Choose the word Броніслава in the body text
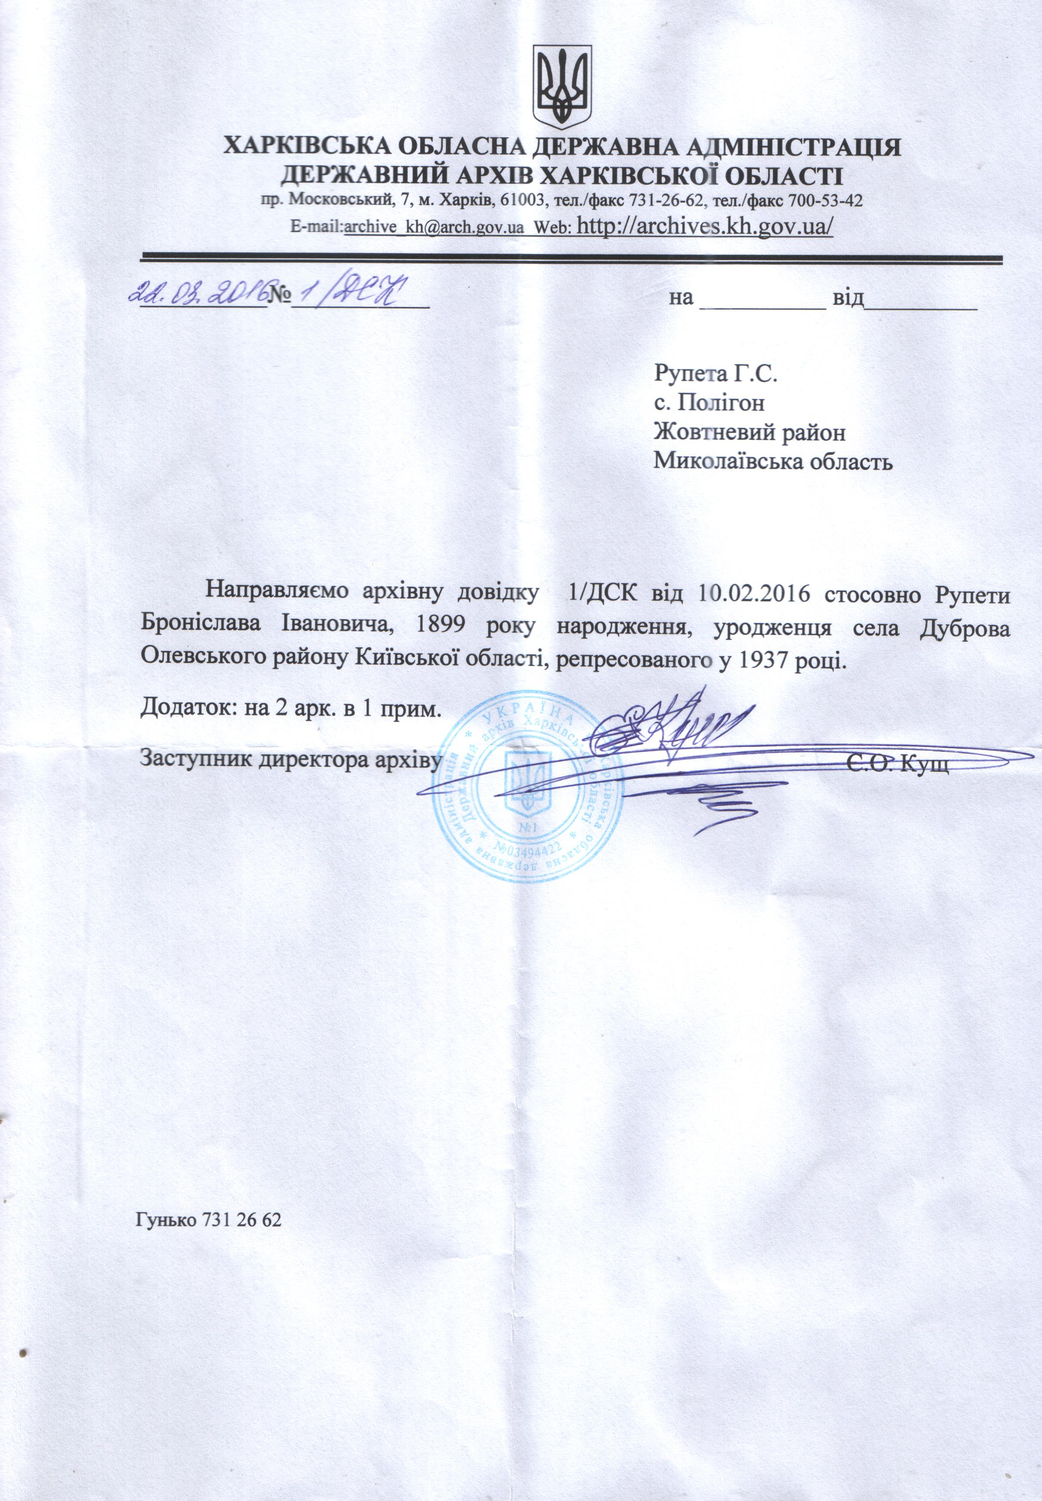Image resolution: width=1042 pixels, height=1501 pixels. point(201,628)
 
